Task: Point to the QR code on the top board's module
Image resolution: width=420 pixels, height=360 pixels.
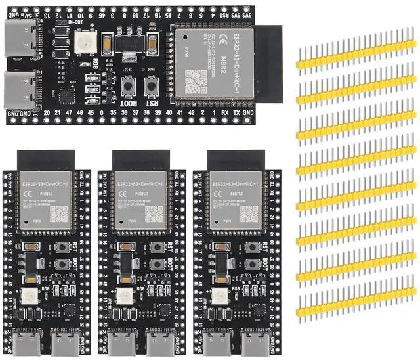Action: [198, 79]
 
